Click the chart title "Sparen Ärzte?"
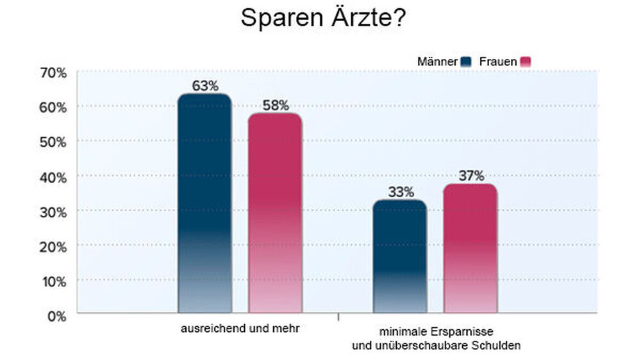coord(322,18)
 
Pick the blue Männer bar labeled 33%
coord(400,256)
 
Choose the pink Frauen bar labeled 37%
coord(470,249)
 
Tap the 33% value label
coord(400,192)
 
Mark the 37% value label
coord(470,176)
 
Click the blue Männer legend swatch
coord(466,61)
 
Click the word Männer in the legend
coord(437,61)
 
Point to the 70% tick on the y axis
coord(53,72)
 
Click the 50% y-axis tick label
coord(53,142)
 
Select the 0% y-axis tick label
coord(56,316)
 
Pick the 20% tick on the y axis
coord(53,247)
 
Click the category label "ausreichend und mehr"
coord(240,329)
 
